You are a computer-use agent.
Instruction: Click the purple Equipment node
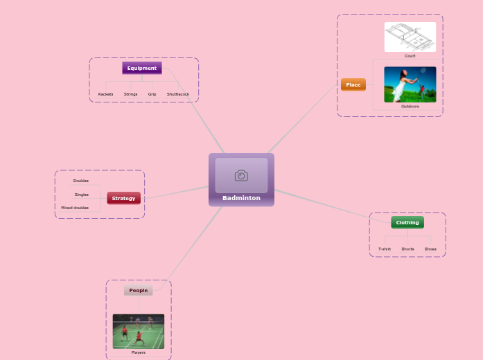[142, 68]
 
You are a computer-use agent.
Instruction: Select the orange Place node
[353, 84]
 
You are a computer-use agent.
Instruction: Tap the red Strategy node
[123, 198]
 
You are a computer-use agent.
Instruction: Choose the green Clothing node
[407, 222]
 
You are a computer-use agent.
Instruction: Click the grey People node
[139, 290]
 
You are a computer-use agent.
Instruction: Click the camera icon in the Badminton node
[241, 176]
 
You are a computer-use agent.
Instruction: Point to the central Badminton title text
[241, 198]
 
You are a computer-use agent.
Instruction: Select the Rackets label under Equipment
[105, 94]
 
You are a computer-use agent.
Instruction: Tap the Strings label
[130, 94]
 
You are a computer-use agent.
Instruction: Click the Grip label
[152, 94]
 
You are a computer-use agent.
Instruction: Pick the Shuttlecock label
[178, 94]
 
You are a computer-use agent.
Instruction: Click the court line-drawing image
[410, 37]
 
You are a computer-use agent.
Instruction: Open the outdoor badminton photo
[410, 84]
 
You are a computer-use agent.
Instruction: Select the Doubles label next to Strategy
[81, 181]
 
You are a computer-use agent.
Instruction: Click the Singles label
[82, 195]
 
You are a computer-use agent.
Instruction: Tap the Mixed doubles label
[75, 208]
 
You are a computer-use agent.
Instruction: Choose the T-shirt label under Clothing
[385, 249]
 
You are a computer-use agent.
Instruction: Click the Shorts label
[407, 249]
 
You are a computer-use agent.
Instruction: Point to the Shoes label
[430, 249]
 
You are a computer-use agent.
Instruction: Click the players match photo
[139, 331]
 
